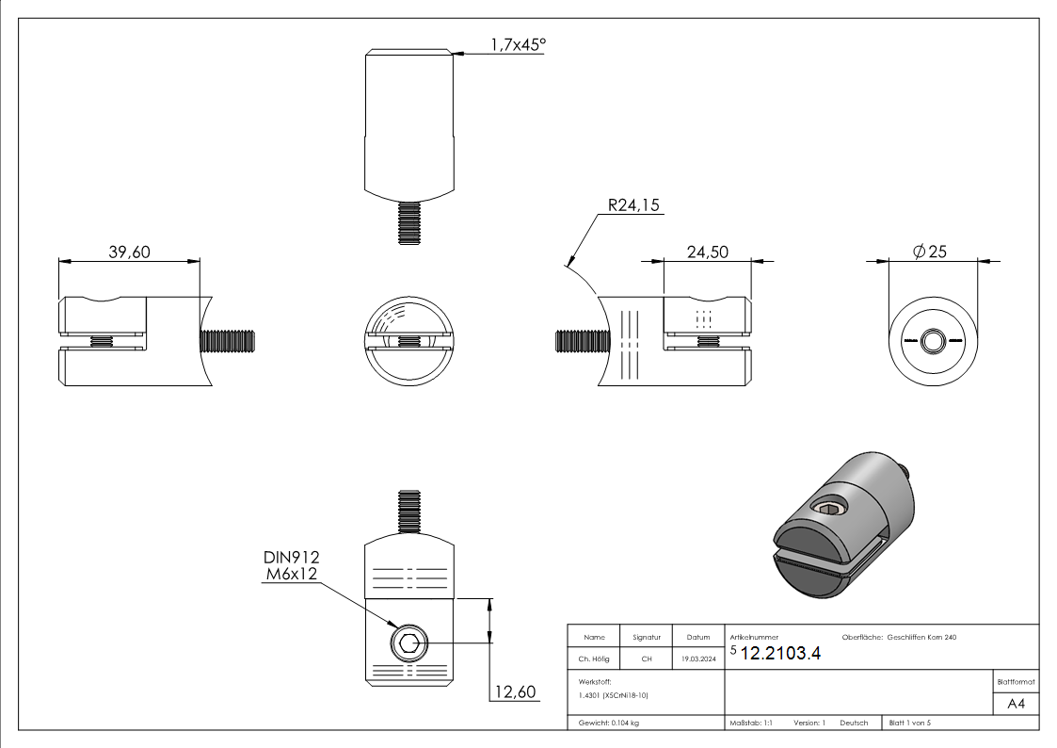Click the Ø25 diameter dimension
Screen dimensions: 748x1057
[930, 252]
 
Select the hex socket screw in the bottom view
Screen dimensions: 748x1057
[408, 645]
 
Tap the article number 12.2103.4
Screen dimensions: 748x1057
[780, 655]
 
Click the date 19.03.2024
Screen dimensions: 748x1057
[697, 659]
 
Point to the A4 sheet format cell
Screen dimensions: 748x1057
[1016, 703]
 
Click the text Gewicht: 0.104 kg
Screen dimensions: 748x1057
[610, 723]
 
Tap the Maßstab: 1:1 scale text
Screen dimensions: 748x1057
[751, 723]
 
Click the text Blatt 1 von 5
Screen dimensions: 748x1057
[909, 723]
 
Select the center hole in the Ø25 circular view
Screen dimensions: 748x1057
[933, 340]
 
